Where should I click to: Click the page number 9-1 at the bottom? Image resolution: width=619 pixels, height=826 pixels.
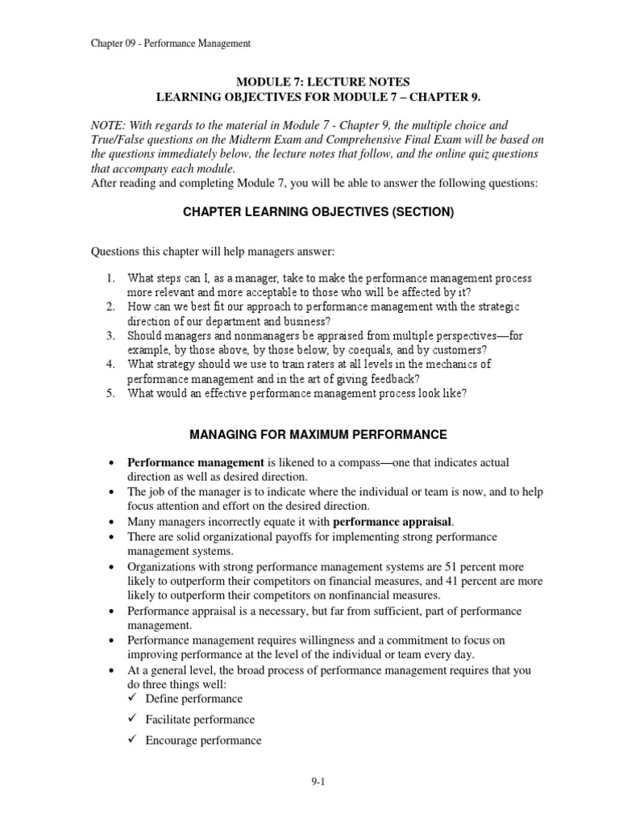(309, 782)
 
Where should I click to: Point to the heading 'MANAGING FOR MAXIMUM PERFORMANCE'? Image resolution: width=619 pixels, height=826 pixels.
(318, 435)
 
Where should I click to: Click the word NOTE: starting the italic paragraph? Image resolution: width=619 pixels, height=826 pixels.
(109, 126)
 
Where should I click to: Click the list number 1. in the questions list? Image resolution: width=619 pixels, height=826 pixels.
(112, 278)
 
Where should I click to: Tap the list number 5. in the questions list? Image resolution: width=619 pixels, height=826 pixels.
(112, 394)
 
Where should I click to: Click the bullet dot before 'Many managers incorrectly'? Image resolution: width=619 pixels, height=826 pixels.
(110, 522)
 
